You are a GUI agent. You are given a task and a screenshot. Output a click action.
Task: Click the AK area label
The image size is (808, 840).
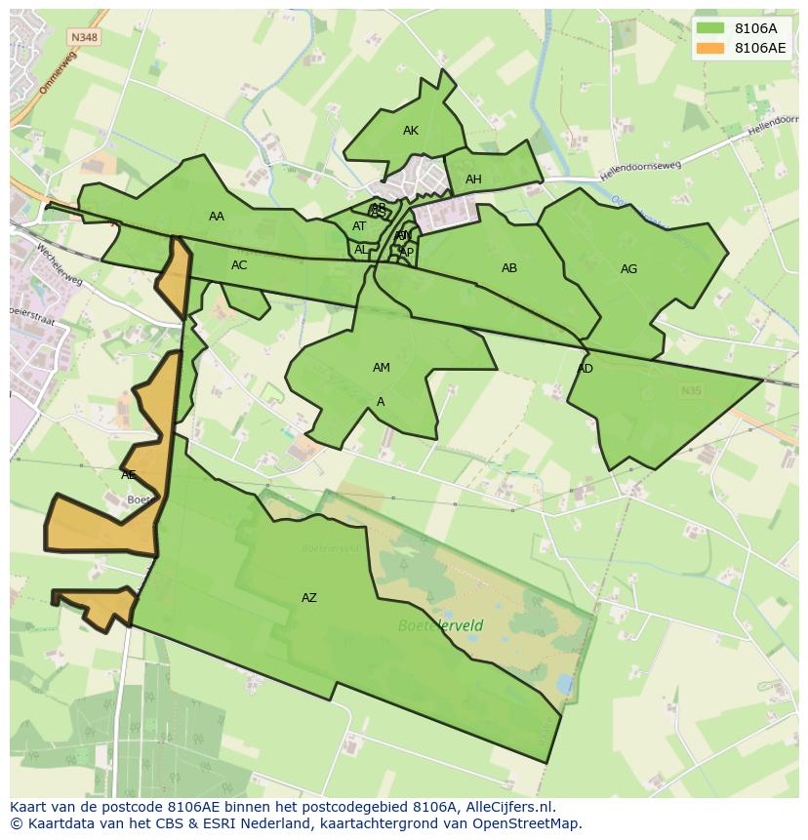pyautogui.click(x=410, y=131)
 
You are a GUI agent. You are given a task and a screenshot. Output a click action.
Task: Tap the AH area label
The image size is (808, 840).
pyautogui.click(x=473, y=180)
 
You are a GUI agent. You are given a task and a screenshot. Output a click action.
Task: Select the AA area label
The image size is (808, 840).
pyautogui.click(x=217, y=217)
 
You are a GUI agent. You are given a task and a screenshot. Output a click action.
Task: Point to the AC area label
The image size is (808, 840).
pyautogui.click(x=239, y=265)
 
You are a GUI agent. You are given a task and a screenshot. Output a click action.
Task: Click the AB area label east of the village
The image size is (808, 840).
pyautogui.click(x=509, y=268)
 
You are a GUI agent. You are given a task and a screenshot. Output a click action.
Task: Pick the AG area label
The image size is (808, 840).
pyautogui.click(x=628, y=269)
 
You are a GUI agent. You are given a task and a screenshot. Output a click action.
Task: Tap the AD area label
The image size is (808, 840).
pyautogui.click(x=585, y=369)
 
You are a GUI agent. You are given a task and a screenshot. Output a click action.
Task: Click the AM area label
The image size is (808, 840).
pyautogui.click(x=381, y=368)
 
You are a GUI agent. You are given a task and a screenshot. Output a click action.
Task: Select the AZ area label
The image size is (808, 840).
pyautogui.click(x=308, y=598)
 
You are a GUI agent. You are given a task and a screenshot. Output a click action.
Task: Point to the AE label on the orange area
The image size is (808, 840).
pyautogui.click(x=129, y=475)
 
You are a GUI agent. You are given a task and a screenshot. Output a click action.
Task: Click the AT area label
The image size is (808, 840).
pyautogui.click(x=359, y=226)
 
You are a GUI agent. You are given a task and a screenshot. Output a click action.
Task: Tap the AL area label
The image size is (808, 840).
pyautogui.click(x=361, y=250)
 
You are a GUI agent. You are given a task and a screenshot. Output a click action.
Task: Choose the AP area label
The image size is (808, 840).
pyautogui.click(x=407, y=253)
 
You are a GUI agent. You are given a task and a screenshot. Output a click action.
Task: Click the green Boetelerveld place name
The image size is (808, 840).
pyautogui.click(x=440, y=625)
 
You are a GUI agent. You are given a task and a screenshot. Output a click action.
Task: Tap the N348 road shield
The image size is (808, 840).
pyautogui.click(x=83, y=37)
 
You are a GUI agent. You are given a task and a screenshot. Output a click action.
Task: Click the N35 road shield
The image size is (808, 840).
pyautogui.click(x=691, y=390)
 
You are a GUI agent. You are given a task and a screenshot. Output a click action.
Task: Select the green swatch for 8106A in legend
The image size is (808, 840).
pyautogui.click(x=710, y=27)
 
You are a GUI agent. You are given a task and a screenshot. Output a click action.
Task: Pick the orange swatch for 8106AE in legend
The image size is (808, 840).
pyautogui.click(x=710, y=48)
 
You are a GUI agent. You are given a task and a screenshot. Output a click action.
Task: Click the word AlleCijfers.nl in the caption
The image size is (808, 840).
pyautogui.click(x=510, y=807)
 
